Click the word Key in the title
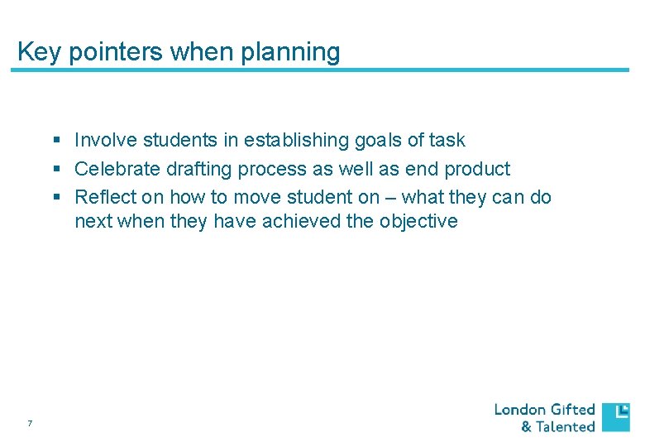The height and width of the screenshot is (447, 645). (34, 52)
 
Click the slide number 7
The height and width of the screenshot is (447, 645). (30, 425)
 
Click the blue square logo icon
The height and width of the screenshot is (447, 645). (615, 417)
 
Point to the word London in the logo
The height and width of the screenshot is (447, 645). (520, 410)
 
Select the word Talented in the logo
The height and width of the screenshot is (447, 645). (566, 427)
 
